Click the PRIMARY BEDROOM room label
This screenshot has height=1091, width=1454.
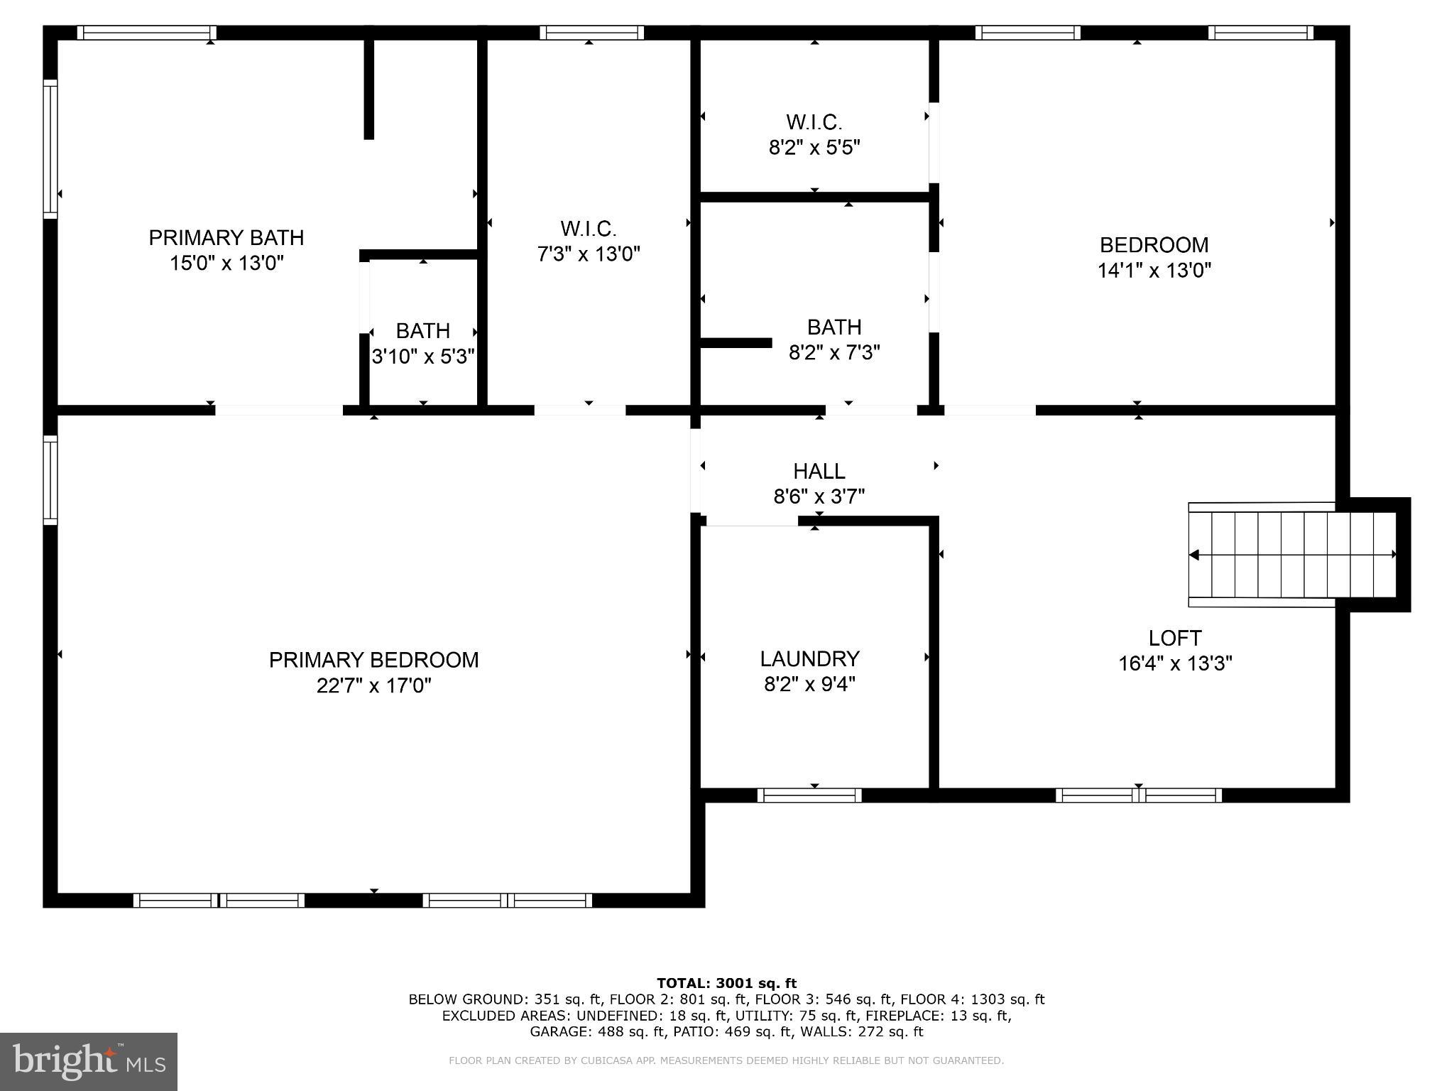tap(373, 660)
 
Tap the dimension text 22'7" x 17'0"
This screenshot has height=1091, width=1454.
tap(373, 685)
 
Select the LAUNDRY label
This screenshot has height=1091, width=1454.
tap(809, 658)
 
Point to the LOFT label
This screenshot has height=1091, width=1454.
tap(1175, 638)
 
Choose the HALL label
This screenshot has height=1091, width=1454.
tap(819, 471)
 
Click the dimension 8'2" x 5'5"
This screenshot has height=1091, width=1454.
tap(814, 148)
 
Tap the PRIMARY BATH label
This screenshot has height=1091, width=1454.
tap(226, 237)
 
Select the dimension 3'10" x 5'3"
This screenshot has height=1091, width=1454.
tap(423, 356)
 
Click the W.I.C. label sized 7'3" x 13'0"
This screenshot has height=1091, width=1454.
tap(589, 229)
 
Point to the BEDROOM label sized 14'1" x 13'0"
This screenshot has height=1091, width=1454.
tap(1154, 245)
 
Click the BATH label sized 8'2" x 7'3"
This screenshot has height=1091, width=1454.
tap(834, 327)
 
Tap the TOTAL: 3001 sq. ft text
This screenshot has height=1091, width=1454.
tap(726, 983)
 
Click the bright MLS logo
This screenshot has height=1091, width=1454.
tap(89, 1061)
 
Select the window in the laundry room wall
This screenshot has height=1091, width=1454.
tap(809, 796)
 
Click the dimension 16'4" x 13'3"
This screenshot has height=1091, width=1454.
tap(1175, 663)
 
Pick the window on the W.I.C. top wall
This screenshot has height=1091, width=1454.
tap(591, 33)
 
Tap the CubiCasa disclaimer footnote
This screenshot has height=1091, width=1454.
tap(726, 1060)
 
